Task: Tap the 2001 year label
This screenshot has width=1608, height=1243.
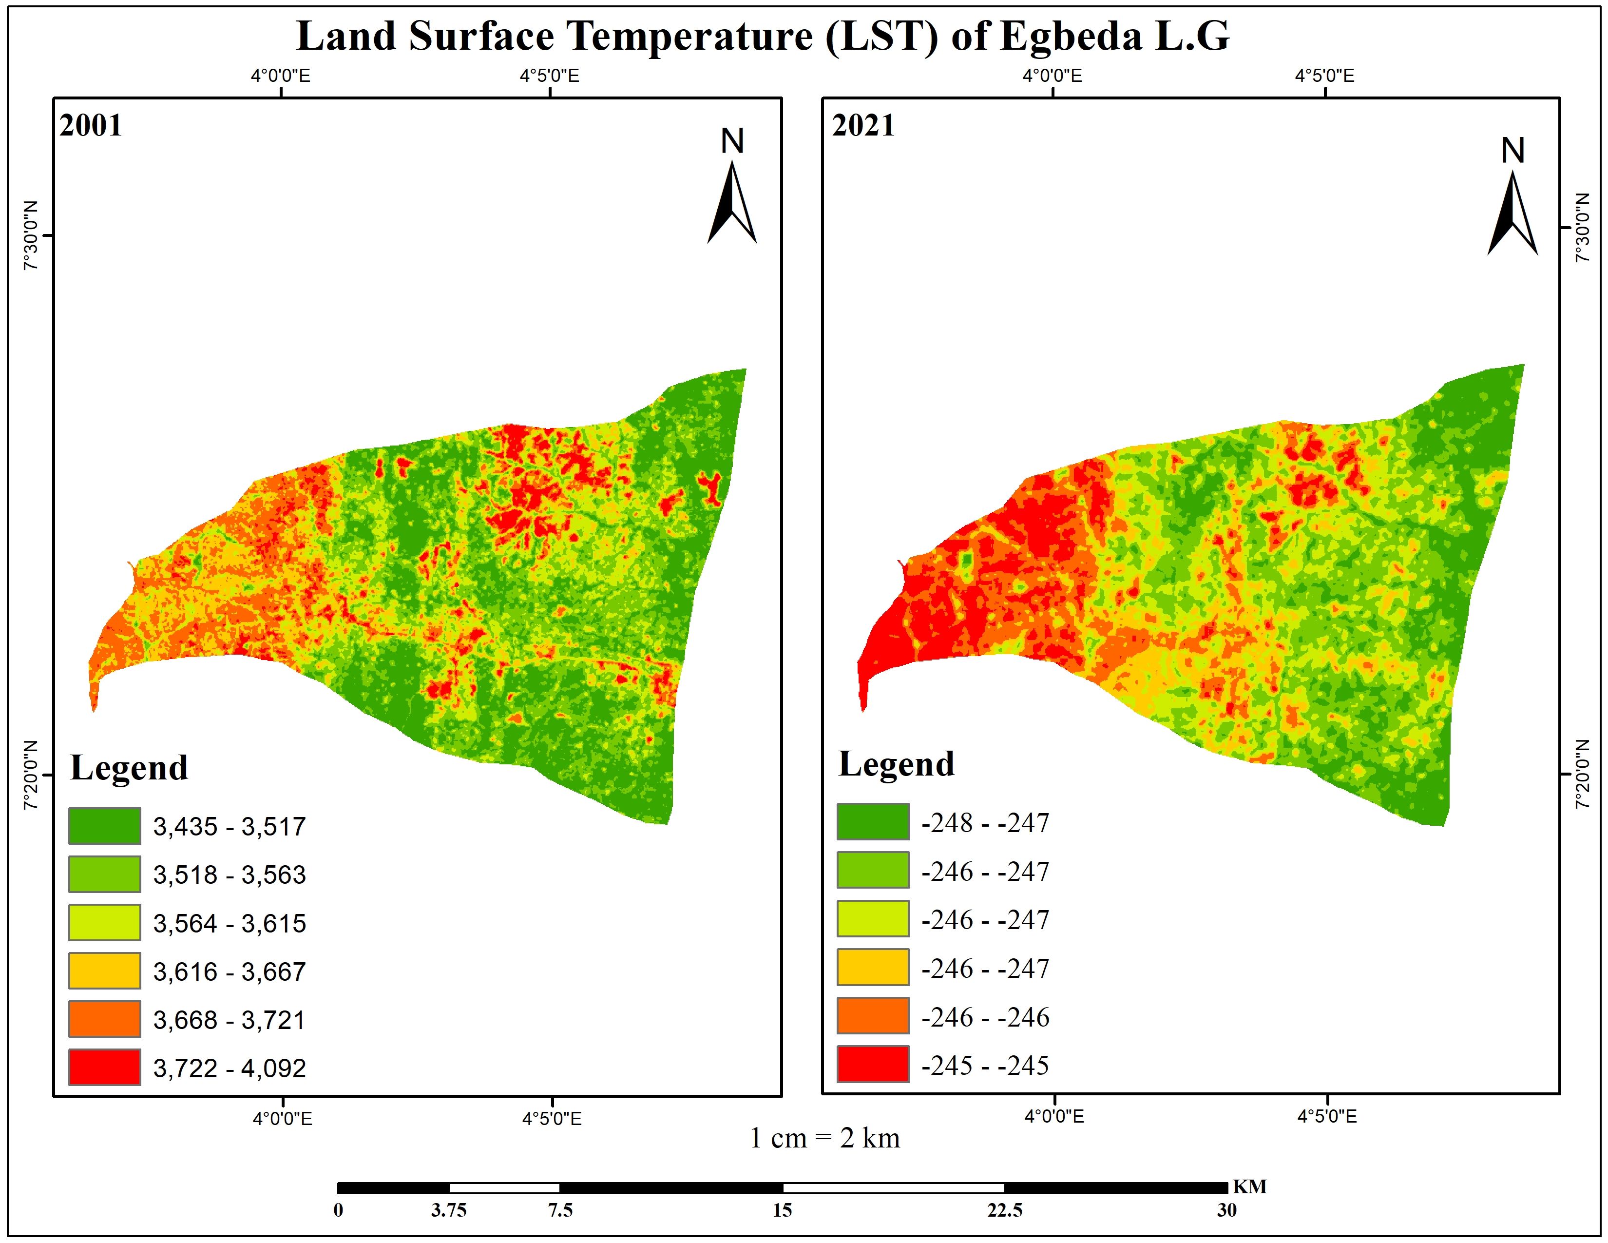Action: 91,126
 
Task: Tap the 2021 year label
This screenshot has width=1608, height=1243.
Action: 863,126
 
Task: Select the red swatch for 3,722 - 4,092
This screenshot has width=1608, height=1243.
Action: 105,1067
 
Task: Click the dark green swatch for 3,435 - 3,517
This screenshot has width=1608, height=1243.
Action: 105,825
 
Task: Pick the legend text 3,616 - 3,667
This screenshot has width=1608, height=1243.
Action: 229,972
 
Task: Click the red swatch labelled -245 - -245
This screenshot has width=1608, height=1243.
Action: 873,1064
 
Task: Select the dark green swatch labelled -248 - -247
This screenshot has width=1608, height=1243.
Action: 873,822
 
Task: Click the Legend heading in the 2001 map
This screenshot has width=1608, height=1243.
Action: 129,768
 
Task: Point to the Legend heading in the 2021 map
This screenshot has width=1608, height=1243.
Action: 896,764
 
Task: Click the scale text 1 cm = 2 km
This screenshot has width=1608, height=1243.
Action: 824,1138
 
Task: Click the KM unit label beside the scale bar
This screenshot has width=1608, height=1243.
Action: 1249,1187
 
